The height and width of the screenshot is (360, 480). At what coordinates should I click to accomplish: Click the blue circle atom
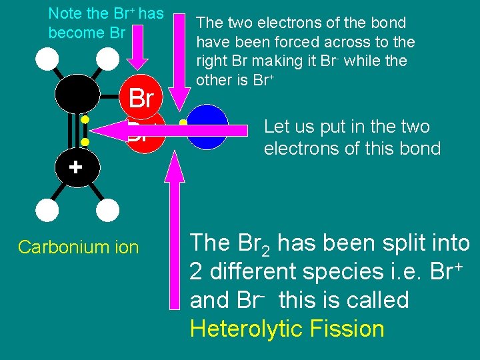tap(207, 127)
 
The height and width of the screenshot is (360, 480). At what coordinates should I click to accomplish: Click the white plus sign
tap(75, 167)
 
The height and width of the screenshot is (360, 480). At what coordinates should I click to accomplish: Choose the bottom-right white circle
tap(107, 211)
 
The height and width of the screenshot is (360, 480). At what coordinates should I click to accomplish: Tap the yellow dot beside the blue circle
tap(183, 123)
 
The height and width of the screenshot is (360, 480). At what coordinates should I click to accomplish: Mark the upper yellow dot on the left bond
tap(85, 120)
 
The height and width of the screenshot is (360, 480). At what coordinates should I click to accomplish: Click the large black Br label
tap(141, 99)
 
